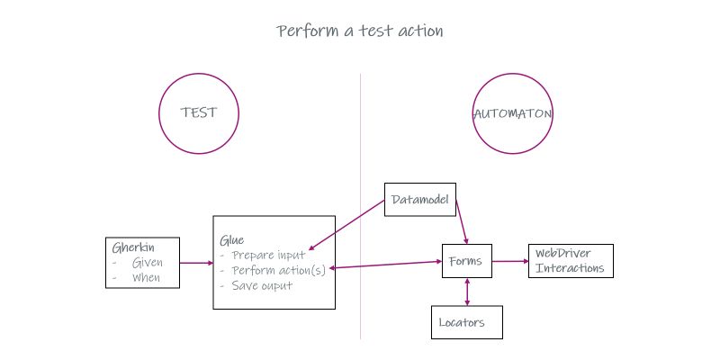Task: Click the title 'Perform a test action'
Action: (360, 31)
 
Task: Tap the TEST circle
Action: (199, 113)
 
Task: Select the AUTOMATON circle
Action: (512, 113)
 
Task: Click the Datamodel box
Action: (420, 199)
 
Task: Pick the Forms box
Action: (465, 262)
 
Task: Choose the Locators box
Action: (466, 321)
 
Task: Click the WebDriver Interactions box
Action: (570, 261)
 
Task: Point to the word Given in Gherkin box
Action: (147, 263)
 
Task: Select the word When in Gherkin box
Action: (146, 277)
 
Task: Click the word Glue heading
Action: (231, 240)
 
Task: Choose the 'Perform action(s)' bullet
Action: (279, 270)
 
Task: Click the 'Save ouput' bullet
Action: (262, 286)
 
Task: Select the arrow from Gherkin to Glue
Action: (196, 263)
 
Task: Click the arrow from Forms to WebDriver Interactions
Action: (508, 262)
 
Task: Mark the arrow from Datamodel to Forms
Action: (462, 221)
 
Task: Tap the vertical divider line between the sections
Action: (361, 144)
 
